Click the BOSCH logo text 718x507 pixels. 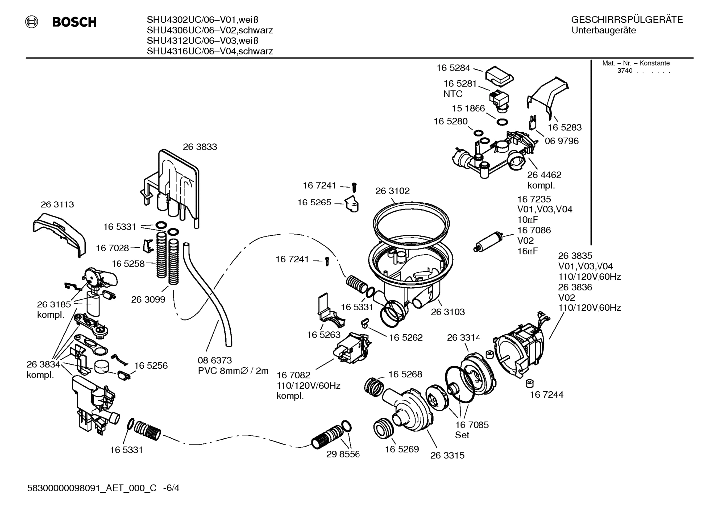(x=74, y=22)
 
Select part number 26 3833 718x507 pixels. (x=200, y=147)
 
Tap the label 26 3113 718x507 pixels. (x=57, y=204)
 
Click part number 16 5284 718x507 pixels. (x=453, y=68)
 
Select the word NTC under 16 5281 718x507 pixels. (x=453, y=94)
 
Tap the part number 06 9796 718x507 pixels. (x=561, y=141)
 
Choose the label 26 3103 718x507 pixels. (x=448, y=312)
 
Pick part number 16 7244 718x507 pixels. (x=546, y=395)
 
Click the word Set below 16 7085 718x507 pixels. (x=462, y=435)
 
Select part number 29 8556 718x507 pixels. (x=343, y=454)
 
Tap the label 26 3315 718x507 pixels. (x=447, y=455)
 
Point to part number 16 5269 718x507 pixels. (x=402, y=449)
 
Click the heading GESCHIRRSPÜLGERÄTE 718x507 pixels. (x=626, y=20)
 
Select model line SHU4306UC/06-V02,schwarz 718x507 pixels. (x=210, y=30)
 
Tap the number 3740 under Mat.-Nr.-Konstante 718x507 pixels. (x=624, y=71)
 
